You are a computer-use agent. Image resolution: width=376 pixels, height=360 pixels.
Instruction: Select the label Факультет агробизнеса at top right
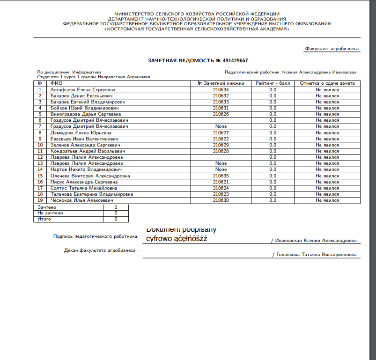tap(332, 48)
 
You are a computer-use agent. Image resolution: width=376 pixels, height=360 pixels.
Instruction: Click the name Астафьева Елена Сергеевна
tap(83, 89)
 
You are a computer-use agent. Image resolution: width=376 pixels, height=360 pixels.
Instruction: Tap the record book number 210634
tap(221, 89)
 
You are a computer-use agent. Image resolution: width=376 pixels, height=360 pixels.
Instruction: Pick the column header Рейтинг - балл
tap(273, 83)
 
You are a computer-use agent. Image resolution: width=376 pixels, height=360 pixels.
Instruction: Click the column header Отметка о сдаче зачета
tap(327, 83)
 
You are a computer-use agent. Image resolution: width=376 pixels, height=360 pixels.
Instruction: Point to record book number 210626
tap(221, 114)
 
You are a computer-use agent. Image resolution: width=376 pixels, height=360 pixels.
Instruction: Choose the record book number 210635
tap(221, 176)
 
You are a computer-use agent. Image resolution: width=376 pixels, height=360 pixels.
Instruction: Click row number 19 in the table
tap(40, 200)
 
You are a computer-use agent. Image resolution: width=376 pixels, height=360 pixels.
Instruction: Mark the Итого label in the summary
tap(44, 219)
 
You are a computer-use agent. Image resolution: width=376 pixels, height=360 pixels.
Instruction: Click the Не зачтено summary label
tap(50, 213)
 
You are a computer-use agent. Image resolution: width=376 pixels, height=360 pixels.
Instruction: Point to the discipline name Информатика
tap(87, 72)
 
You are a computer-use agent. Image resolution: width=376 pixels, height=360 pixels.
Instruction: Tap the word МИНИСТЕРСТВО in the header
tap(136, 14)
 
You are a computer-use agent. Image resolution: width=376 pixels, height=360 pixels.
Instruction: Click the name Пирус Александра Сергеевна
tap(84, 182)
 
